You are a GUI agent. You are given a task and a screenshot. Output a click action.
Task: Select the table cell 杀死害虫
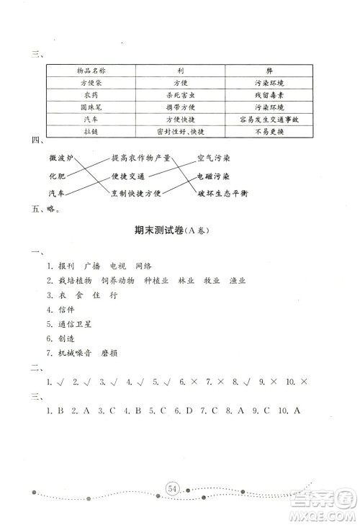(181, 94)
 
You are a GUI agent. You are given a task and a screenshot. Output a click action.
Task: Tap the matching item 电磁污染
(213, 176)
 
